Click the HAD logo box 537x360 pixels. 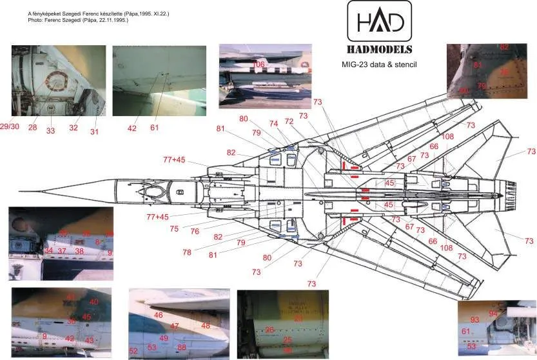tap(379, 23)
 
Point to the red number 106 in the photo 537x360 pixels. tap(259, 65)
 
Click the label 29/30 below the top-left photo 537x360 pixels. tap(10, 125)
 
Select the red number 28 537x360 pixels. tap(32, 127)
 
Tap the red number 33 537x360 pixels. tap(50, 131)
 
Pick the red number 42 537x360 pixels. tap(132, 128)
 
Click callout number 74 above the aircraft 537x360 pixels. tap(273, 123)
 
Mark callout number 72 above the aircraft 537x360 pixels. tap(288, 121)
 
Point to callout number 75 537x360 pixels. tap(174, 228)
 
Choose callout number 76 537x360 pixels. tap(195, 232)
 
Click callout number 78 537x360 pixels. tap(187, 252)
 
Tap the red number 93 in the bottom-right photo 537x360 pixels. tap(474, 320)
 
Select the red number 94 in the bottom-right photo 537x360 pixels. tap(493, 314)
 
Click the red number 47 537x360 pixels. tap(175, 326)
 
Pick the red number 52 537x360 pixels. tap(133, 351)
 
